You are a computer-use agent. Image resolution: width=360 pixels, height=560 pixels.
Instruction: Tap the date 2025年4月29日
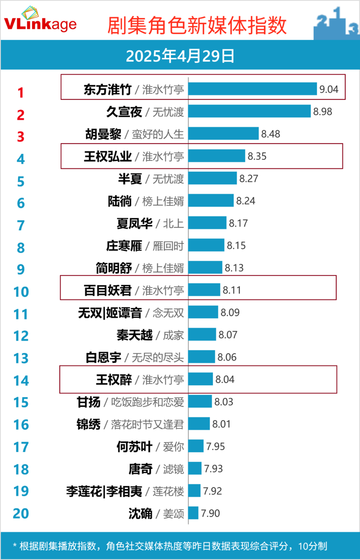tap(180, 57)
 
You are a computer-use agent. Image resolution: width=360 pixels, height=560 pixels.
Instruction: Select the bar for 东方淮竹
tap(252, 89)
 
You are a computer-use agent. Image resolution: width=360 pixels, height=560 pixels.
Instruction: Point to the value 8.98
tap(323, 111)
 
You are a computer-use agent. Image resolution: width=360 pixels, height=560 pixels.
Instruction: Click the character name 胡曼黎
tap(103, 134)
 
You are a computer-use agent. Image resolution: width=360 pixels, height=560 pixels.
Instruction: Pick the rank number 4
tap(21, 159)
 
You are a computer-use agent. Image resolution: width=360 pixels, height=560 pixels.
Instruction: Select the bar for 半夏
tap(212, 178)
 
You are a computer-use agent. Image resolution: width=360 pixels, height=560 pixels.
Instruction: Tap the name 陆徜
tap(120, 201)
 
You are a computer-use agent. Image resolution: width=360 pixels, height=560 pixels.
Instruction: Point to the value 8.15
tap(236, 245)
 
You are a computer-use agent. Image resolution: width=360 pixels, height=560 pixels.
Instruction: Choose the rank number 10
tap(21, 291)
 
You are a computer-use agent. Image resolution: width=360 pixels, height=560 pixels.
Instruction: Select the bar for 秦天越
tap(202, 334)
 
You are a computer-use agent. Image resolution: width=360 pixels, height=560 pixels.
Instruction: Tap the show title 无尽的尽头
tap(157, 357)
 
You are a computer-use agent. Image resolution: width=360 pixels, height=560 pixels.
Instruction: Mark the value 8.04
tap(225, 379)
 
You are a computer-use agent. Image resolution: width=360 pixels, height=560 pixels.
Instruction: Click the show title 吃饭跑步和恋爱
tap(147, 402)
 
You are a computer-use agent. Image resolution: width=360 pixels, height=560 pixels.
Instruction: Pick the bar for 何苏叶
tap(196, 446)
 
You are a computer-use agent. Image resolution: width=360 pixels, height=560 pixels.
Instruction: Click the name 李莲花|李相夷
tap(104, 491)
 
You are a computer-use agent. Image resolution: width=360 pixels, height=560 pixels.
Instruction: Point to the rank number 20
tap(21, 514)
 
